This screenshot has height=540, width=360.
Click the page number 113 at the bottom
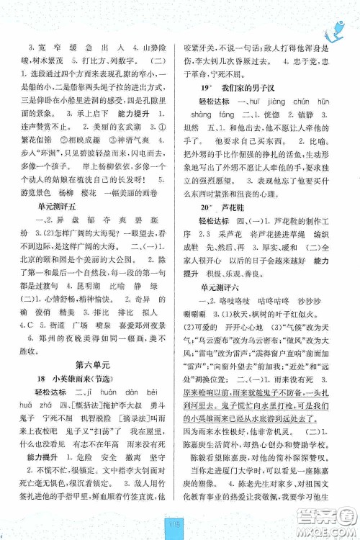pos(181,523)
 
